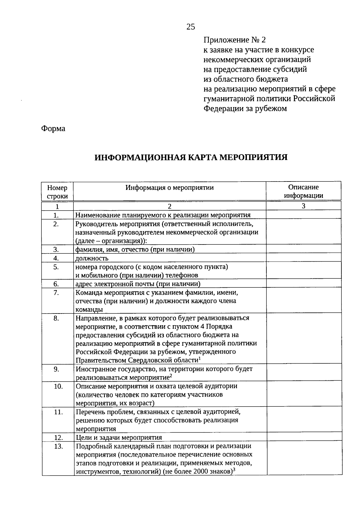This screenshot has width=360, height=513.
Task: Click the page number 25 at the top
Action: [x=191, y=27]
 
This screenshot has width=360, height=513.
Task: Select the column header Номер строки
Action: [x=57, y=192]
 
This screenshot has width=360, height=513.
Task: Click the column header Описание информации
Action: [x=304, y=191]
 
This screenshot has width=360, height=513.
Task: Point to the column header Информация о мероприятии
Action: [x=169, y=188]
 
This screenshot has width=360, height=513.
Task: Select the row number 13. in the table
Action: [x=58, y=446]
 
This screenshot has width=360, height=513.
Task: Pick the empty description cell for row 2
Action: [x=304, y=232]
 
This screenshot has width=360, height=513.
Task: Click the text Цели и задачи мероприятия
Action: [x=119, y=438]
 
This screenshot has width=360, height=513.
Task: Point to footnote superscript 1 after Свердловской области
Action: [x=199, y=358]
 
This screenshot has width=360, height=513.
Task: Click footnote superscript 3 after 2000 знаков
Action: [x=233, y=470]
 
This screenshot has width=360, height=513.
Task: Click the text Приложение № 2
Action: [x=235, y=40]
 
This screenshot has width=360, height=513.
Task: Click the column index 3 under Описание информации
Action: [x=304, y=206]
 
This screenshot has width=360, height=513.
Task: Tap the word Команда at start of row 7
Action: [x=88, y=292]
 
